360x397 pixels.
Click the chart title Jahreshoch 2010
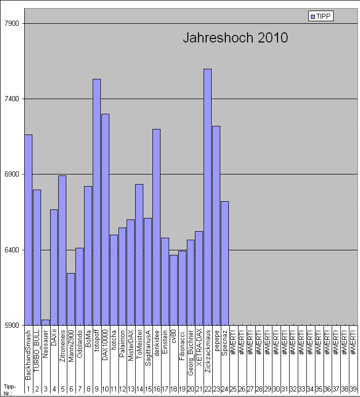click(x=235, y=38)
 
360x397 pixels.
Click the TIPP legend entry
click(x=321, y=17)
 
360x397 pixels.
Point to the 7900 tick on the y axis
click(x=11, y=24)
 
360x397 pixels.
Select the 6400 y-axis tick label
click(x=11, y=250)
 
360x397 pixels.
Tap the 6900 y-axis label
click(x=11, y=174)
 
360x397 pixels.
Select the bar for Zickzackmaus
click(x=208, y=197)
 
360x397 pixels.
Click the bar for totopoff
click(x=96, y=202)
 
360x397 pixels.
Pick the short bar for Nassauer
click(x=45, y=322)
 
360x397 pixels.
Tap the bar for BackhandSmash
click(x=28, y=230)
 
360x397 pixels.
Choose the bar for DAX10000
click(x=105, y=219)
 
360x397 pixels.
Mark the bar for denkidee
click(x=156, y=227)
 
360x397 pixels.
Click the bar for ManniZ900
click(x=71, y=299)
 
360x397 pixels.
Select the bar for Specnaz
click(x=225, y=263)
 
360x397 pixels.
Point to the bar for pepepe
click(x=216, y=226)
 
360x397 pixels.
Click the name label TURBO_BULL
click(x=36, y=354)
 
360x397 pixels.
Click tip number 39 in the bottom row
click(x=353, y=389)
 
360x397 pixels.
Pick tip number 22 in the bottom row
click(x=208, y=389)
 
